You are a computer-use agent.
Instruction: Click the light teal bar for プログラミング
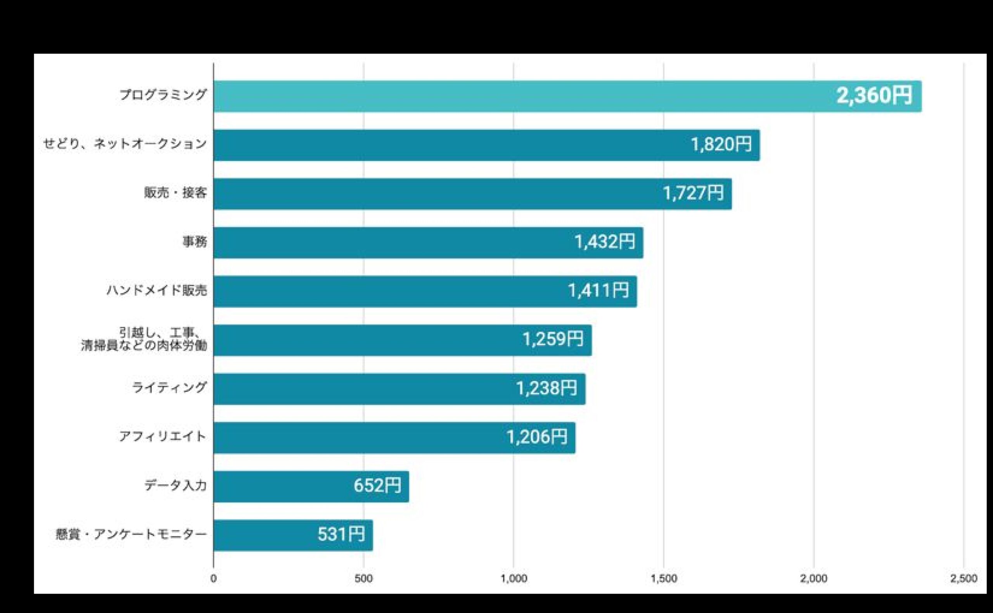click(487, 96)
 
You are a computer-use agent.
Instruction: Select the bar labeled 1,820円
click(446, 145)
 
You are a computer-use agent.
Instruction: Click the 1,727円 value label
click(693, 193)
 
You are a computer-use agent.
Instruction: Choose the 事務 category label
click(194, 242)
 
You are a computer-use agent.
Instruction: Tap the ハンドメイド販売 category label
click(157, 291)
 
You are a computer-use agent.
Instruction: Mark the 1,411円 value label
click(598, 291)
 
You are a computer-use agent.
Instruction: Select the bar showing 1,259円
click(365, 340)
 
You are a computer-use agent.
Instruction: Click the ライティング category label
click(169, 388)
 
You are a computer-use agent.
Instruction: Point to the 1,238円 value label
click(546, 388)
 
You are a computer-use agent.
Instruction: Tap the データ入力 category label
click(175, 486)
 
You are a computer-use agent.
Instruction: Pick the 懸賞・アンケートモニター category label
click(131, 535)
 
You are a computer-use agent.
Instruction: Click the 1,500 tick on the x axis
click(664, 579)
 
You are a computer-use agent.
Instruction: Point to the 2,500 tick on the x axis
click(964, 579)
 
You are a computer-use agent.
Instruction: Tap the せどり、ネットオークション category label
click(125, 144)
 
